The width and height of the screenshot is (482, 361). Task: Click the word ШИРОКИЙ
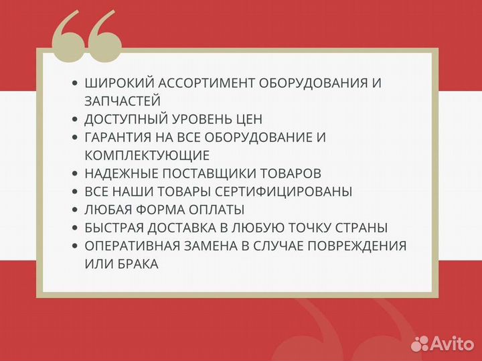tap(115, 83)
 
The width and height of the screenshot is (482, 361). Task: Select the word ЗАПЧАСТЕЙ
tap(123, 101)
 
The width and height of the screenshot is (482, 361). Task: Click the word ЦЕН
tap(248, 119)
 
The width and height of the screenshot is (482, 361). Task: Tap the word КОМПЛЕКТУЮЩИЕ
tap(147, 155)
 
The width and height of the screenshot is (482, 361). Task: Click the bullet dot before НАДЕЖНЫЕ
tap(74, 173)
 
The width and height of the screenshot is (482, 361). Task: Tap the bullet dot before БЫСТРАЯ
tap(74, 228)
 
